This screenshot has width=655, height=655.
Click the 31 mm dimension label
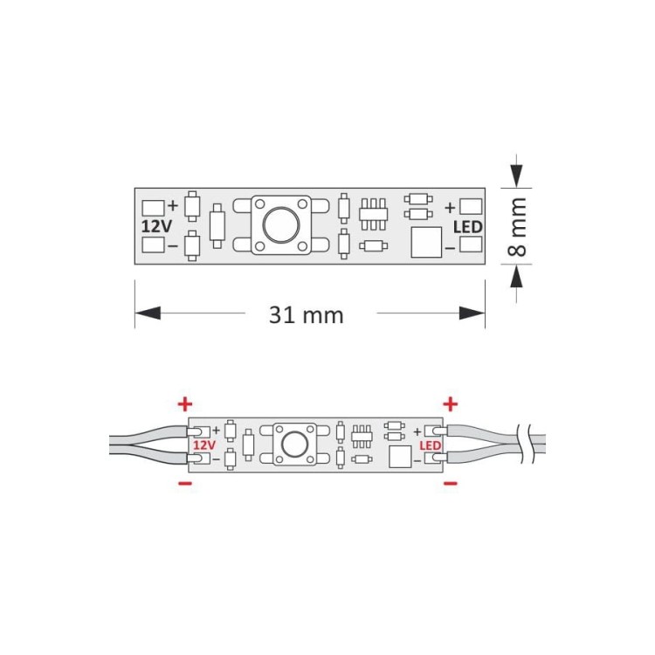tap(307, 315)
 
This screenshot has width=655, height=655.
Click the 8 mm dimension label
tap(517, 227)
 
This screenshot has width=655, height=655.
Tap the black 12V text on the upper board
tap(156, 226)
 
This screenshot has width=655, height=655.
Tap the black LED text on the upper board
tap(468, 227)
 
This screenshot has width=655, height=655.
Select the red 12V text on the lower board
tap(204, 445)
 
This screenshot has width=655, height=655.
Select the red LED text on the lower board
tap(431, 445)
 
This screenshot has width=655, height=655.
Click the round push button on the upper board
tap(281, 225)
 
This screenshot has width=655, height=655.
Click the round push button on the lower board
tap(294, 445)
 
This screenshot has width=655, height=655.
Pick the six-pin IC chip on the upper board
tap(374, 214)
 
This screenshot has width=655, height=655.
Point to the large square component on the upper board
tap(426, 242)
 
